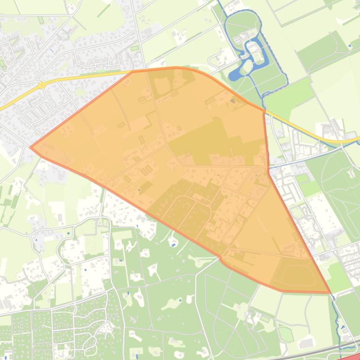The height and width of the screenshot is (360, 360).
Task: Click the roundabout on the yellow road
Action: [42, 85]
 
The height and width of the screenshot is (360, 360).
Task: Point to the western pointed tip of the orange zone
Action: [31, 147]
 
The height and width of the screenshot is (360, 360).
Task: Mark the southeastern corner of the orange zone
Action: [330, 293]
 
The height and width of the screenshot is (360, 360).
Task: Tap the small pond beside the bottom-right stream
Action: [343, 327]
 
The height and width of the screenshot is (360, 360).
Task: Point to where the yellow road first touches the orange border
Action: [132, 72]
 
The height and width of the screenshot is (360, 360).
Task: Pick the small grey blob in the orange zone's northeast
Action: [232, 101]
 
